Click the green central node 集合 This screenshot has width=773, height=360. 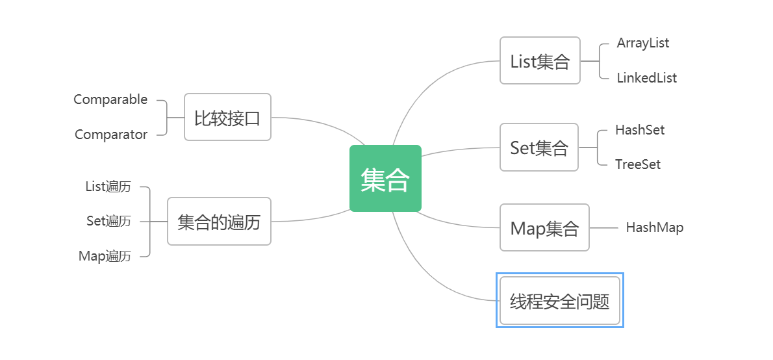(385, 179)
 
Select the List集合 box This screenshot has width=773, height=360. (540, 61)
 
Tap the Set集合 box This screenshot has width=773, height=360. (539, 148)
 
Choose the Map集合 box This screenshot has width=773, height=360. (544, 227)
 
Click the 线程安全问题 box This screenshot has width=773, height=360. (559, 301)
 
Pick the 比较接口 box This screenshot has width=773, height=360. (227, 118)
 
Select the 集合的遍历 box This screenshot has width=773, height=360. (219, 222)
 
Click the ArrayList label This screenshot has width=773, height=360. (642, 44)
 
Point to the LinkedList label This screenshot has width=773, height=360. (646, 78)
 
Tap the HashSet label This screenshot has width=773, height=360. (640, 130)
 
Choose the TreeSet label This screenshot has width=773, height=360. (638, 164)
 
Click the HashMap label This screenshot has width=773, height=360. (654, 227)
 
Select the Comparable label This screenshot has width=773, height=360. (110, 100)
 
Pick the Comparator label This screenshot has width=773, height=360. (111, 135)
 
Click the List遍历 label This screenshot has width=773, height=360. (108, 186)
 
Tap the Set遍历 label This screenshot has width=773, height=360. (108, 221)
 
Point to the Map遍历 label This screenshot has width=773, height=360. (105, 256)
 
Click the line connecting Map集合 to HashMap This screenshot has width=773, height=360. (603, 227)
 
